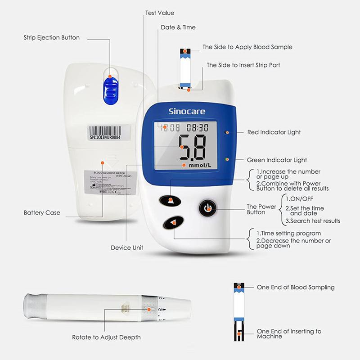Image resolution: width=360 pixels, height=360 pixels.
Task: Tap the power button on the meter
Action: tap(207, 208)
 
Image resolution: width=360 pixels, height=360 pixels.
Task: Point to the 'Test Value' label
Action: tap(160, 13)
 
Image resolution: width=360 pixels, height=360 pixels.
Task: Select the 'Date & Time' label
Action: tap(178, 27)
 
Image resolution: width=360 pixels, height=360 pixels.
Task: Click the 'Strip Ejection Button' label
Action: tap(51, 38)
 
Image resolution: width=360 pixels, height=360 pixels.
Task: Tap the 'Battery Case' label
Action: tap(42, 212)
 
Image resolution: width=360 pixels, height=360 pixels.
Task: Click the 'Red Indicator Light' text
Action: tap(274, 132)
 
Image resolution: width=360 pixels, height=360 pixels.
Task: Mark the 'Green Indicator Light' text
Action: tap(277, 160)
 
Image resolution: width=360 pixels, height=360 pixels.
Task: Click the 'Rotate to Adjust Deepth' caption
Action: tap(106, 337)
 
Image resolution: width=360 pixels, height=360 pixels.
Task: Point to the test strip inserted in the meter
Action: tap(185, 67)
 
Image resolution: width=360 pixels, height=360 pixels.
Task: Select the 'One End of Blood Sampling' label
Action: tap(295, 287)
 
